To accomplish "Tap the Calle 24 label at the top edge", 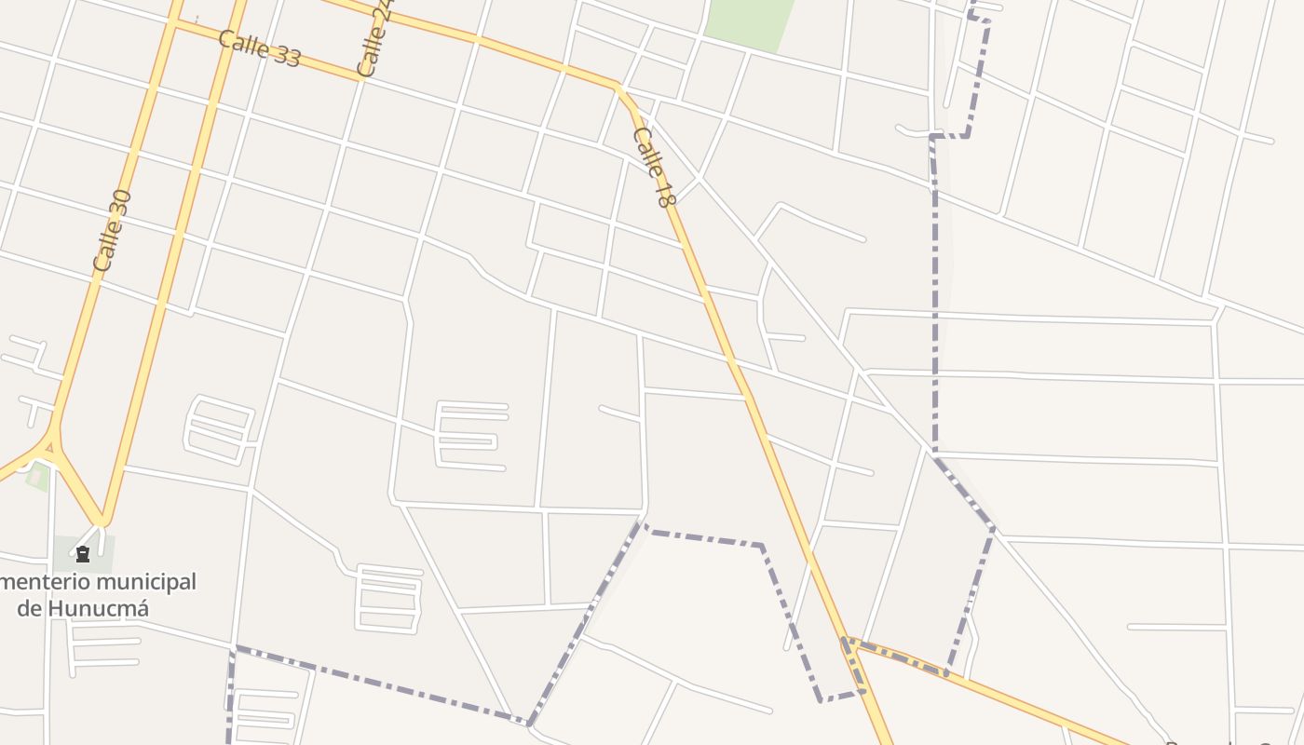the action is [x=375, y=39].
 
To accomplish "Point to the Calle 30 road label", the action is [x=113, y=230].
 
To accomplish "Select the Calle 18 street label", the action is [x=652, y=167].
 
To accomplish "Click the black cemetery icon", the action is [x=83, y=555].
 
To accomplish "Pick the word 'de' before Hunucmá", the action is [x=30, y=608].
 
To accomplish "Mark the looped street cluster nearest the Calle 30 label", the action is [x=221, y=429].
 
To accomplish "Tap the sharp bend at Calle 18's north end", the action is [x=618, y=88].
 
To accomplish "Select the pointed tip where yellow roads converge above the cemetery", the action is [x=102, y=522].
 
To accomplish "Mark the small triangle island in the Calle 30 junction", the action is [x=48, y=448].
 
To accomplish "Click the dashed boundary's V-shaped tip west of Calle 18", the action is [x=529, y=723].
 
